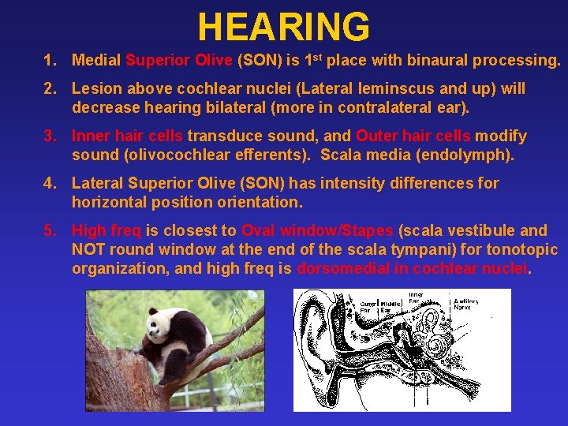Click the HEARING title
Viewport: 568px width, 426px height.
(x=283, y=27)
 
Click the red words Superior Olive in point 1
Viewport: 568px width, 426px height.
(x=179, y=60)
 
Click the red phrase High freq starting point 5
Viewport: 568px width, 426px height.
(x=106, y=230)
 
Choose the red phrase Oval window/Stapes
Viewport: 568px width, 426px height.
(x=318, y=230)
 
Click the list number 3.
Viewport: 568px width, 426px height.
(x=50, y=136)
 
